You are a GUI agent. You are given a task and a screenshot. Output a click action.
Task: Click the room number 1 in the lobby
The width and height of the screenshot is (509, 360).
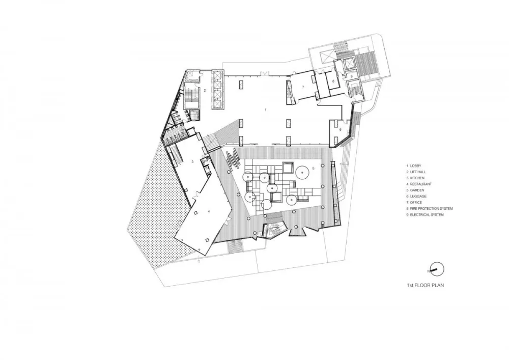(266, 109)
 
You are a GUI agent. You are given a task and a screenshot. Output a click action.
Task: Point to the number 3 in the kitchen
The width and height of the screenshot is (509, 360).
(192, 161)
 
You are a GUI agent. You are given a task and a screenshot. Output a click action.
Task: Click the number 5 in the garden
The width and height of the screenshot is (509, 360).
(314, 168)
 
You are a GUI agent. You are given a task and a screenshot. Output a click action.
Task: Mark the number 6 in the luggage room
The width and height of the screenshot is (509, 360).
(341, 129)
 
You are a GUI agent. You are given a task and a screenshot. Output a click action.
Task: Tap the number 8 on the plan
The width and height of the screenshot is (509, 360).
(333, 81)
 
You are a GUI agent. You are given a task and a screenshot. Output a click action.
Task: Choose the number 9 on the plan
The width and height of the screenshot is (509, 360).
(351, 76)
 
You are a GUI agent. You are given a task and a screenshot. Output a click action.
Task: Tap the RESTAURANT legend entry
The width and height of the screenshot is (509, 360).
(420, 184)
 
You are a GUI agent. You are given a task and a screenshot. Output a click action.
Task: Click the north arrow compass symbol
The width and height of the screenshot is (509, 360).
(437, 269)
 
